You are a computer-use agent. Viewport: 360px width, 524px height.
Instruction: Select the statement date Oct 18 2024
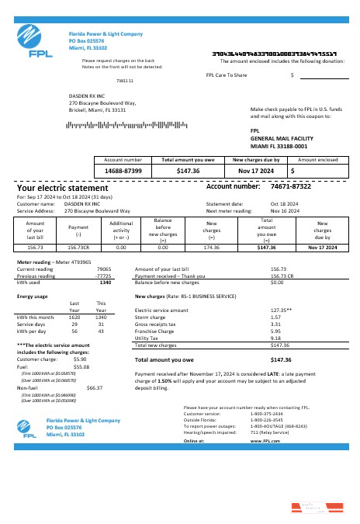pos(283,203)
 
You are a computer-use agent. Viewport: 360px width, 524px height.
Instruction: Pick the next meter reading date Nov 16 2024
pos(283,210)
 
